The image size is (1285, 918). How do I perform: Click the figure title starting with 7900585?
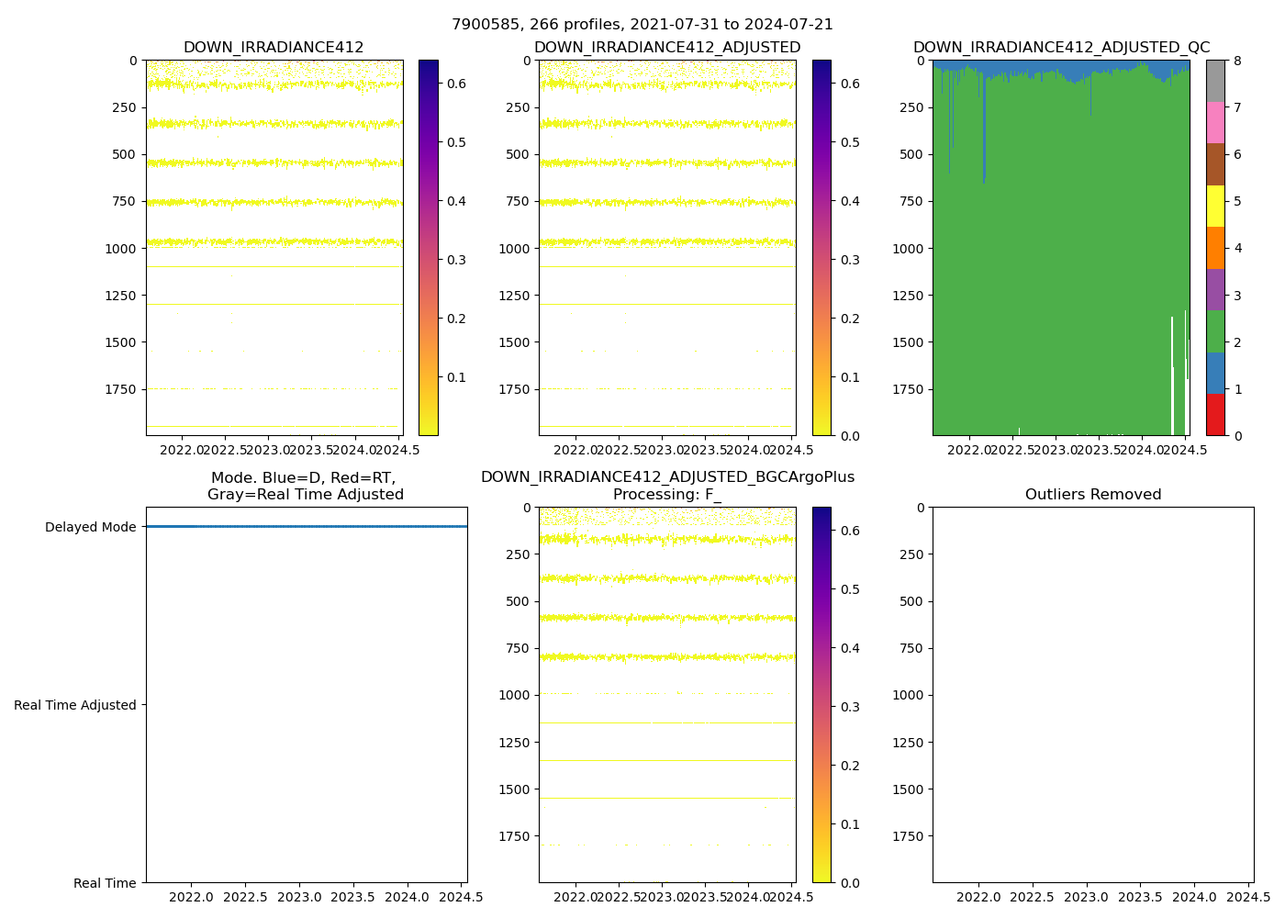pyautogui.click(x=642, y=25)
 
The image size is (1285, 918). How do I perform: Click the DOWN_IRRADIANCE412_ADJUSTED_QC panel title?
pyautogui.click(x=1061, y=48)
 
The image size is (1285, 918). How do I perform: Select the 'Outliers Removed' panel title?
pyautogui.click(x=1092, y=495)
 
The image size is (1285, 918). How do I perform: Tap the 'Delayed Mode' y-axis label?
pyautogui.click(x=90, y=527)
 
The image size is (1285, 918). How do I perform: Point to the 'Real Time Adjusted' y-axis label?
pyautogui.click(x=75, y=705)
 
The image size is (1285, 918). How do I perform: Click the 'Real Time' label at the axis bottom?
pyautogui.click(x=105, y=883)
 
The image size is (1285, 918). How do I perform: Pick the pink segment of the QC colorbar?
pyautogui.click(x=1215, y=122)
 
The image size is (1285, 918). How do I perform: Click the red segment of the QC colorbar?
pyautogui.click(x=1215, y=415)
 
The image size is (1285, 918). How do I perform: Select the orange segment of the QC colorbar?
pyautogui.click(x=1215, y=248)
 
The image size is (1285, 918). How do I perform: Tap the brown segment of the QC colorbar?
pyautogui.click(x=1215, y=164)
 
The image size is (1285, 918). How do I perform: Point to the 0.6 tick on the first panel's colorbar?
pyautogui.click(x=456, y=84)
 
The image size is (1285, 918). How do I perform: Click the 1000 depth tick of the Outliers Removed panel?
pyautogui.click(x=908, y=695)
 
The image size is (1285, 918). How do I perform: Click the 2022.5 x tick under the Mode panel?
pyautogui.click(x=245, y=896)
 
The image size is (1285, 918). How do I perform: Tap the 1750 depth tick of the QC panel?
pyautogui.click(x=908, y=389)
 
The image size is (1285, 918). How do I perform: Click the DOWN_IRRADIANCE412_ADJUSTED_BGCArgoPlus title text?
pyautogui.click(x=667, y=477)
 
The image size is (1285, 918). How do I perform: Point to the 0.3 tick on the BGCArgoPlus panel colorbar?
pyautogui.click(x=849, y=707)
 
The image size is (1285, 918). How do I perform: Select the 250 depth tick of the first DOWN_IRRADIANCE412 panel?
pyautogui.click(x=125, y=107)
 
